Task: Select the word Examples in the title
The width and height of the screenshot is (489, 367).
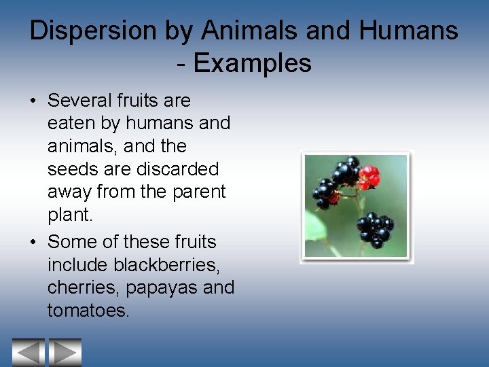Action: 252,63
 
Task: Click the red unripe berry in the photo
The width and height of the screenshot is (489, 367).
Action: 369,178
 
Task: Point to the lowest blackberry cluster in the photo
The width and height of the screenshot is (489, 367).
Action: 376,229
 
